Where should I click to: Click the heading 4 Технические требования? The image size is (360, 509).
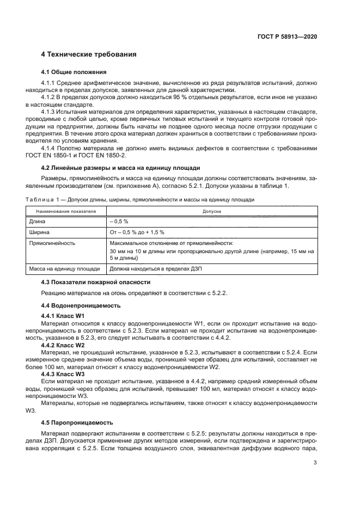(x=89, y=54)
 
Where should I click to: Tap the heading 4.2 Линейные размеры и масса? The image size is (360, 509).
(x=121, y=168)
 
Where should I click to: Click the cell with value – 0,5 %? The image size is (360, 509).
(x=119, y=222)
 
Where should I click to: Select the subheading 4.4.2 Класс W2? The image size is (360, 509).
(x=63, y=345)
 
